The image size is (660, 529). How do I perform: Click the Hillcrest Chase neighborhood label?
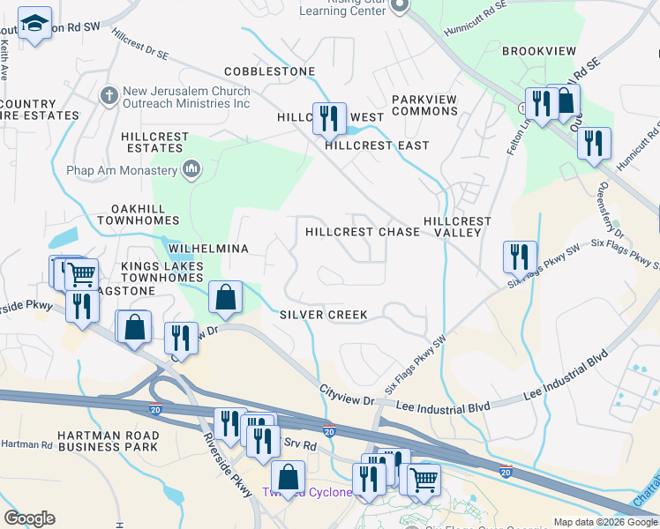(363, 232)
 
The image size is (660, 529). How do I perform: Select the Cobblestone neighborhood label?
(269, 71)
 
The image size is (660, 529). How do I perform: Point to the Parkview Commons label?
(424, 105)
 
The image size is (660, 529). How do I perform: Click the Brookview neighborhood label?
(539, 52)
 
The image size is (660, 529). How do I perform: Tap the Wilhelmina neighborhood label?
(202, 250)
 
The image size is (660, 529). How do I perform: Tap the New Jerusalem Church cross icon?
(109, 93)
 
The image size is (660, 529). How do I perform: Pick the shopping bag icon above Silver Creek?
(226, 296)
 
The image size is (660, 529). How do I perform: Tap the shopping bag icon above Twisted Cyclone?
(288, 477)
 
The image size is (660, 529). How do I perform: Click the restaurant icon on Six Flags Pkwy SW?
(520, 256)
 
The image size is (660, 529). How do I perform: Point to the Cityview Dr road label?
(347, 394)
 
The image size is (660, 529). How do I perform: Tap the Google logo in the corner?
(29, 518)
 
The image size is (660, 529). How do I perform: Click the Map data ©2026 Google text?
(604, 522)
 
